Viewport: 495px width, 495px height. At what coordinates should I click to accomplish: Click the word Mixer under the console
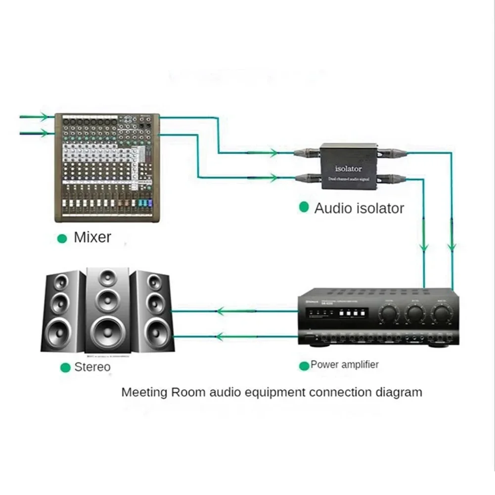(x=92, y=237)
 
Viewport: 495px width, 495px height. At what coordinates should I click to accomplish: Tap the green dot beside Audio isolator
(x=304, y=207)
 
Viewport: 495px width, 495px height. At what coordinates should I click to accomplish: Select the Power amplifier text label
(x=344, y=365)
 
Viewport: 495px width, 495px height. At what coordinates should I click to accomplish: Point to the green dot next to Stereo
(x=65, y=367)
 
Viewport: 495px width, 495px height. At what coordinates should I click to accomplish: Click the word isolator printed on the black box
(x=349, y=169)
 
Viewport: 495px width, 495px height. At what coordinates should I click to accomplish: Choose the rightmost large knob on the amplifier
(x=440, y=313)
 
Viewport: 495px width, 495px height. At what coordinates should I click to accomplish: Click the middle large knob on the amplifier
(x=415, y=313)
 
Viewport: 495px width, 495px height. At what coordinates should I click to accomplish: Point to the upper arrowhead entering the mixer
(x=46, y=117)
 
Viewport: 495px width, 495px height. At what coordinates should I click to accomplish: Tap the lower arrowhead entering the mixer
(x=46, y=133)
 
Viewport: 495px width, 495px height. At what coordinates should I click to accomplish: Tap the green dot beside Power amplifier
(x=304, y=365)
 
